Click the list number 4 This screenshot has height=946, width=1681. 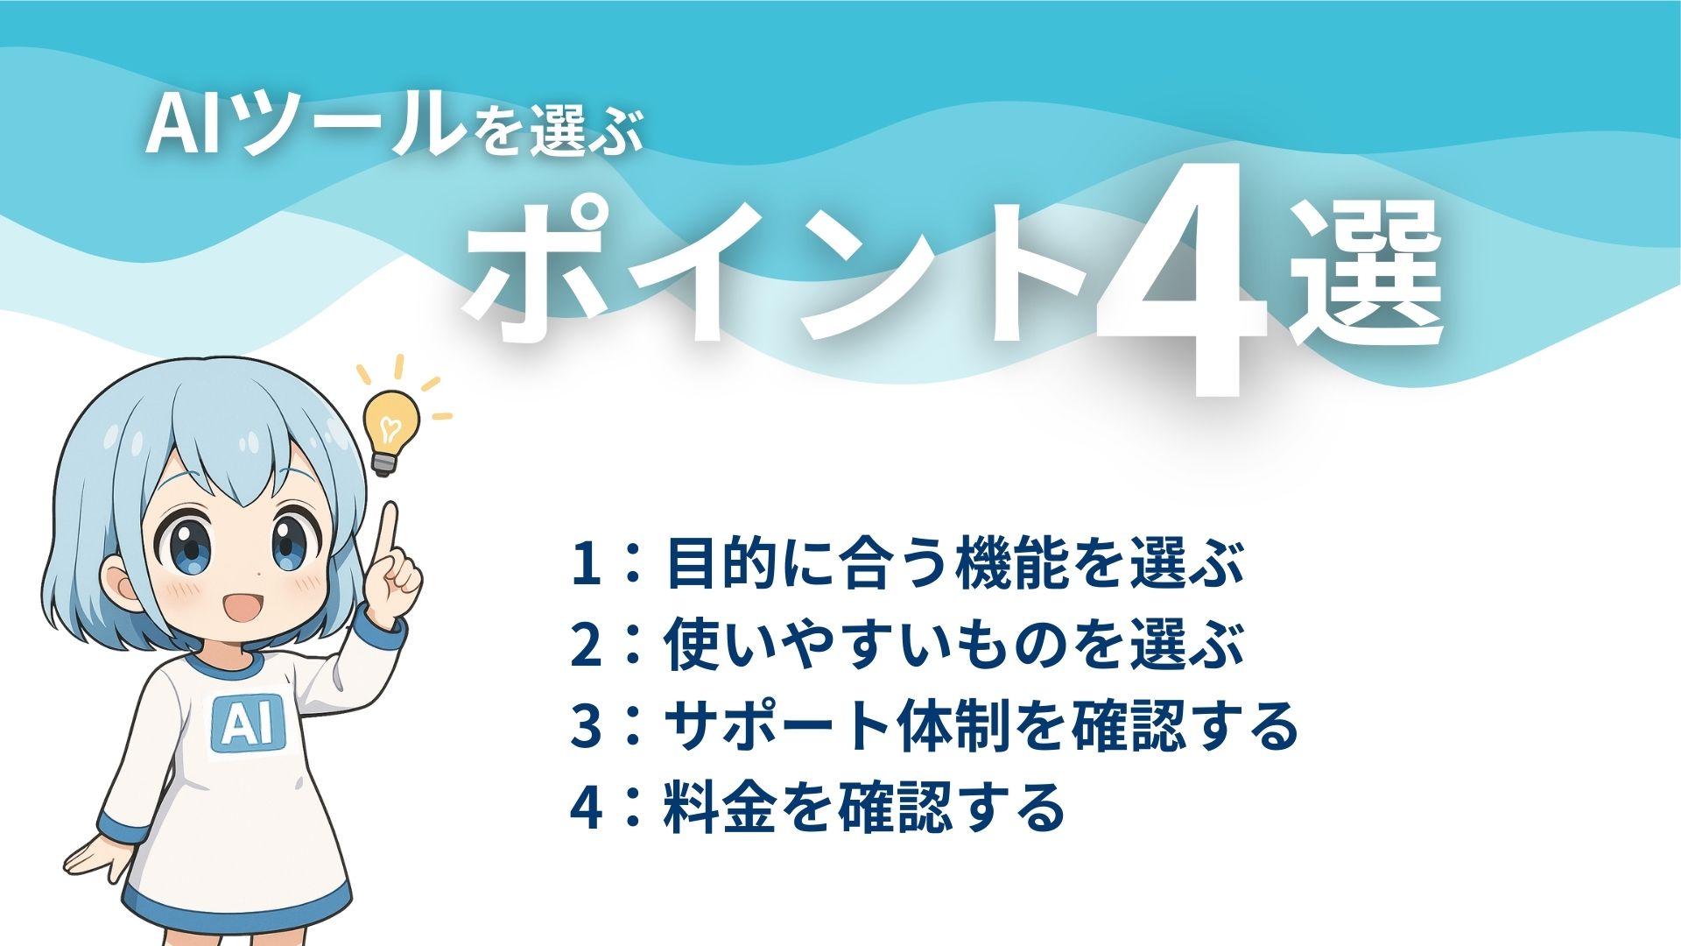click(x=586, y=807)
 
